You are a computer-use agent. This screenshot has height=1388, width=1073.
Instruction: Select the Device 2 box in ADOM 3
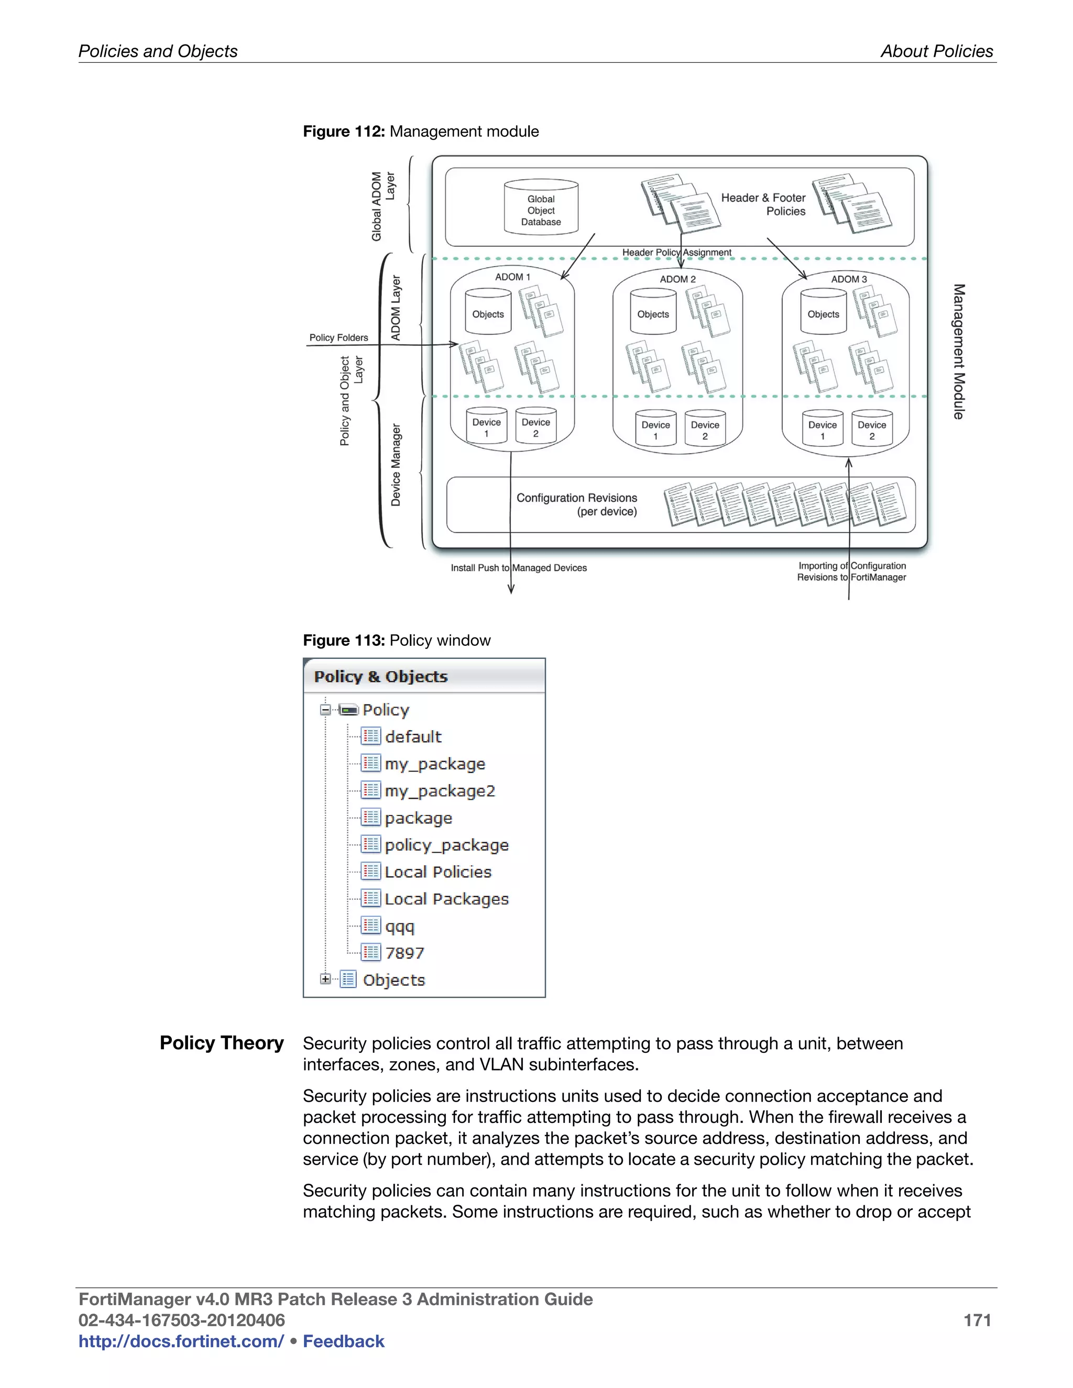(x=871, y=429)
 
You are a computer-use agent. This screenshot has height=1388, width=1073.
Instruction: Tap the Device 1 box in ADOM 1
(x=486, y=427)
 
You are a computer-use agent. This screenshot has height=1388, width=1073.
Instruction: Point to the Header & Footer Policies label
(x=763, y=204)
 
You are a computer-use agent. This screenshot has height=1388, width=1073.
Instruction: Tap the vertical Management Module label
(x=959, y=351)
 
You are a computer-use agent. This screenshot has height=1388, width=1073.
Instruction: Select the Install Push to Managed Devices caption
(x=519, y=568)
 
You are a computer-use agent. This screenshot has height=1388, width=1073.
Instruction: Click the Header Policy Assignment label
(x=676, y=252)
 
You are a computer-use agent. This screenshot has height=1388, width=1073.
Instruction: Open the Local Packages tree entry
(x=446, y=899)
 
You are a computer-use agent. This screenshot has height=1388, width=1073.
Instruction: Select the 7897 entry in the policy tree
(x=404, y=953)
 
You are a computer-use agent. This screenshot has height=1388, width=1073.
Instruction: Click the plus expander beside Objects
(x=325, y=979)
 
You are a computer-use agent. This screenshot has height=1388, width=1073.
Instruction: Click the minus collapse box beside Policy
(x=325, y=709)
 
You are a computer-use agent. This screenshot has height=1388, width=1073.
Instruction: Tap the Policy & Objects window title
(x=381, y=676)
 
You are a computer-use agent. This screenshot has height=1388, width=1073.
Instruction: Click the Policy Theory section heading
(x=221, y=1043)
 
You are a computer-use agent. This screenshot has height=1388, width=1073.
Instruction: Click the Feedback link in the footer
(x=343, y=1341)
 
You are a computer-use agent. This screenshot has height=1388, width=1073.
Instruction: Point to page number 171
(x=977, y=1320)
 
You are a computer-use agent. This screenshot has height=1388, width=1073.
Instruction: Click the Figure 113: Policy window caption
(x=397, y=640)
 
